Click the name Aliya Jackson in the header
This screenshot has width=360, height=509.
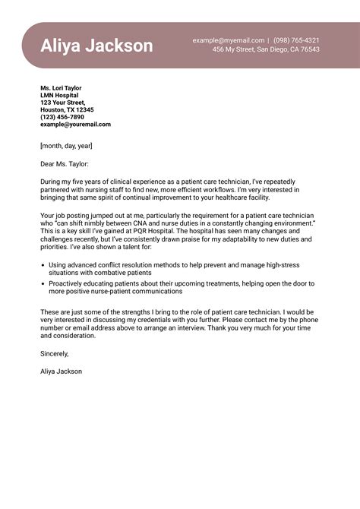pyautogui.click(x=96, y=46)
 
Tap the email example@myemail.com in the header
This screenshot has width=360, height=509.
pyautogui.click(x=229, y=40)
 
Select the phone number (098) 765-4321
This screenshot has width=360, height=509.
pyautogui.click(x=296, y=40)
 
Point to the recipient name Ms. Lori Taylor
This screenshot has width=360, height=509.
pyautogui.click(x=61, y=88)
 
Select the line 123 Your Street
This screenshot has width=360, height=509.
pyautogui.click(x=63, y=103)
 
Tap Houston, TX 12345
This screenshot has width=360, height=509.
pyautogui.click(x=67, y=109)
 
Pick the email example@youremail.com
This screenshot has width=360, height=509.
pyautogui.click(x=75, y=125)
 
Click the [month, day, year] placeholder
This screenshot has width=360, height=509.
pyautogui.click(x=67, y=145)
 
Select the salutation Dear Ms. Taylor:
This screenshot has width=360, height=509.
pyautogui.click(x=65, y=163)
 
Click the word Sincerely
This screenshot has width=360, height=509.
pyautogui.click(x=55, y=353)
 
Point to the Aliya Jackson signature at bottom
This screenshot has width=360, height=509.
pyautogui.click(x=62, y=371)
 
